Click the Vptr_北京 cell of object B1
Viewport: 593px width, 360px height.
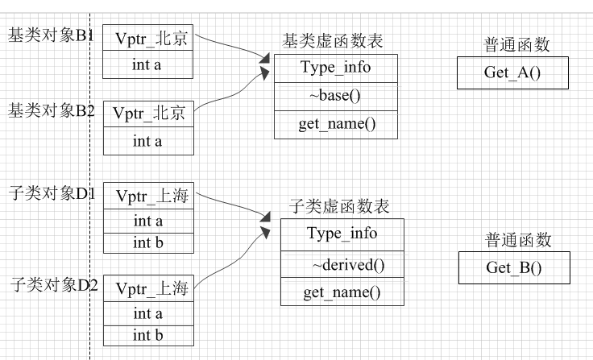pyautogui.click(x=148, y=39)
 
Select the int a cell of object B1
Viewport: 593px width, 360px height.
pyautogui.click(x=148, y=65)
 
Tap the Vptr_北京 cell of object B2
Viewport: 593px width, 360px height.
pyautogui.click(x=148, y=114)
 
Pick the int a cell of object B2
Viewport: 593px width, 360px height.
pyautogui.click(x=148, y=142)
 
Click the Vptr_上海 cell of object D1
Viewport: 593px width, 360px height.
pyautogui.click(x=148, y=196)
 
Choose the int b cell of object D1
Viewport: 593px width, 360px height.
pyautogui.click(x=148, y=242)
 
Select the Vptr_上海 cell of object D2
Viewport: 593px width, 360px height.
pyautogui.click(x=148, y=288)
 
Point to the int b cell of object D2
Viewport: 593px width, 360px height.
pyautogui.click(x=148, y=335)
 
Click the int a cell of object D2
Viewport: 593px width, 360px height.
pyautogui.click(x=148, y=313)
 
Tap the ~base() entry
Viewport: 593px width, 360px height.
pyautogui.click(x=335, y=97)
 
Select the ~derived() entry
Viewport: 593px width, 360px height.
pyautogui.click(x=342, y=265)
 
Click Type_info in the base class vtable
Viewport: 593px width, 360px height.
pyautogui.click(x=335, y=68)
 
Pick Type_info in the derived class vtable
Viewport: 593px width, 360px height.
pyautogui.click(x=342, y=234)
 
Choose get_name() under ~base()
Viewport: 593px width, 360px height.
pyautogui.click(x=335, y=124)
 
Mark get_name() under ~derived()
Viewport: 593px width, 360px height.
pyautogui.click(x=342, y=292)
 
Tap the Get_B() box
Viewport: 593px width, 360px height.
pyautogui.click(x=514, y=267)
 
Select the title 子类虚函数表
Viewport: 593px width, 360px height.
pyautogui.click(x=338, y=207)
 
